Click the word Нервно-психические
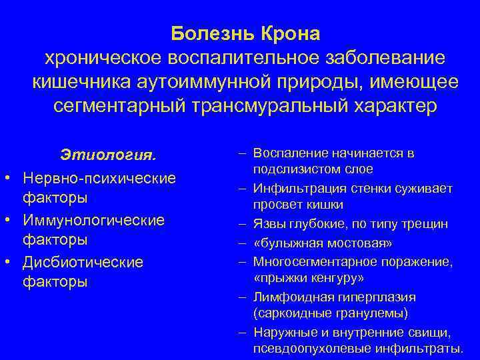click(99, 178)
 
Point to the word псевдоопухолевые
click(307, 349)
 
